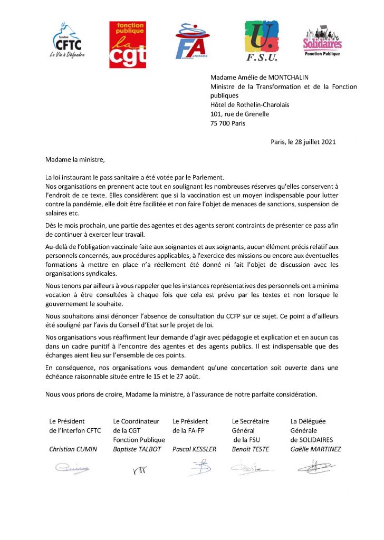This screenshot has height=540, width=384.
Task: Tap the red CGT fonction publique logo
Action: coord(127,45)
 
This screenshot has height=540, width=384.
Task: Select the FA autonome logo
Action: coord(193,42)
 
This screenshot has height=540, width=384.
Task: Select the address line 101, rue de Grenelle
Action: coord(239,114)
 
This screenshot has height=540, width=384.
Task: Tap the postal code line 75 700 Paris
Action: coord(228,123)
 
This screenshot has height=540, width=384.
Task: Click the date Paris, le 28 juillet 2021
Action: coord(303,141)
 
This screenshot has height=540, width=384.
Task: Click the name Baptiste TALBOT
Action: coord(135,449)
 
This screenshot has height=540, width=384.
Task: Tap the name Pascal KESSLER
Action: coord(194,449)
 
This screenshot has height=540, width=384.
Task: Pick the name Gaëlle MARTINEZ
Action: coord(316,449)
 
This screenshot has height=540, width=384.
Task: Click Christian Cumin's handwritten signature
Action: coord(72,467)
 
